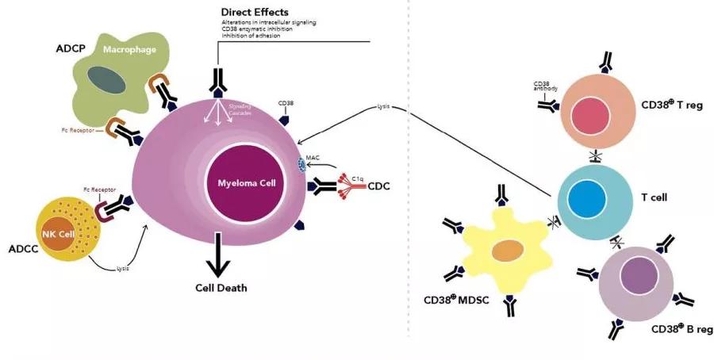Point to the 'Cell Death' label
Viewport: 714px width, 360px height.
coord(221,288)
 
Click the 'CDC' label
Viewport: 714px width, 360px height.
coord(379,188)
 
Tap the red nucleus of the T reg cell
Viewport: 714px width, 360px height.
coord(590,114)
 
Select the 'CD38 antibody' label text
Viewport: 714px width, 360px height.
coord(543,86)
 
